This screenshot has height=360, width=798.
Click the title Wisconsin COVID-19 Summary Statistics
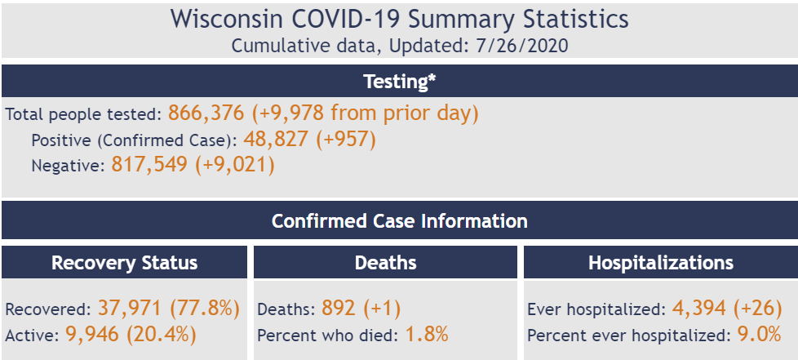coord(399,19)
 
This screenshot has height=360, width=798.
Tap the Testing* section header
coord(399,82)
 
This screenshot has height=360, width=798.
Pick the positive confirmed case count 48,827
coord(275,140)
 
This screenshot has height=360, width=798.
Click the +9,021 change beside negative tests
coord(234,166)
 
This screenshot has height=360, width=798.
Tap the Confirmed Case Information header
coord(399,221)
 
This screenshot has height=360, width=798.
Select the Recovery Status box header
coord(124,263)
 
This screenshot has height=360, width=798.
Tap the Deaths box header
coord(385,263)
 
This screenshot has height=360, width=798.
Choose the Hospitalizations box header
coord(660,263)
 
